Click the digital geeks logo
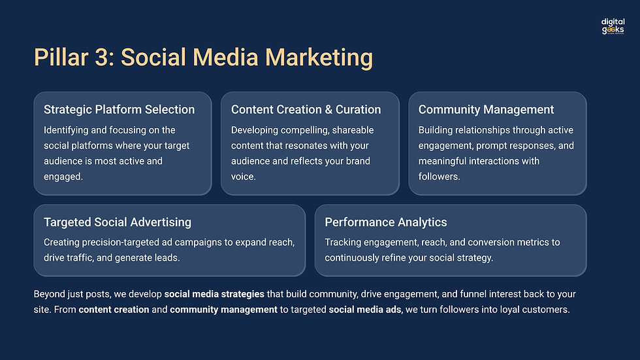(x=613, y=26)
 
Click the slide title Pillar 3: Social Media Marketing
(x=203, y=57)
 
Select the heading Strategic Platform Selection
(x=119, y=110)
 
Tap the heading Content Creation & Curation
(x=306, y=110)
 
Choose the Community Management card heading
(x=486, y=110)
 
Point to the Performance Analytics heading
(x=386, y=222)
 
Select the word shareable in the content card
(x=349, y=130)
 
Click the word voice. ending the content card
(x=244, y=176)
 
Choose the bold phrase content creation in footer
(x=114, y=310)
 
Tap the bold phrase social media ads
(x=366, y=310)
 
